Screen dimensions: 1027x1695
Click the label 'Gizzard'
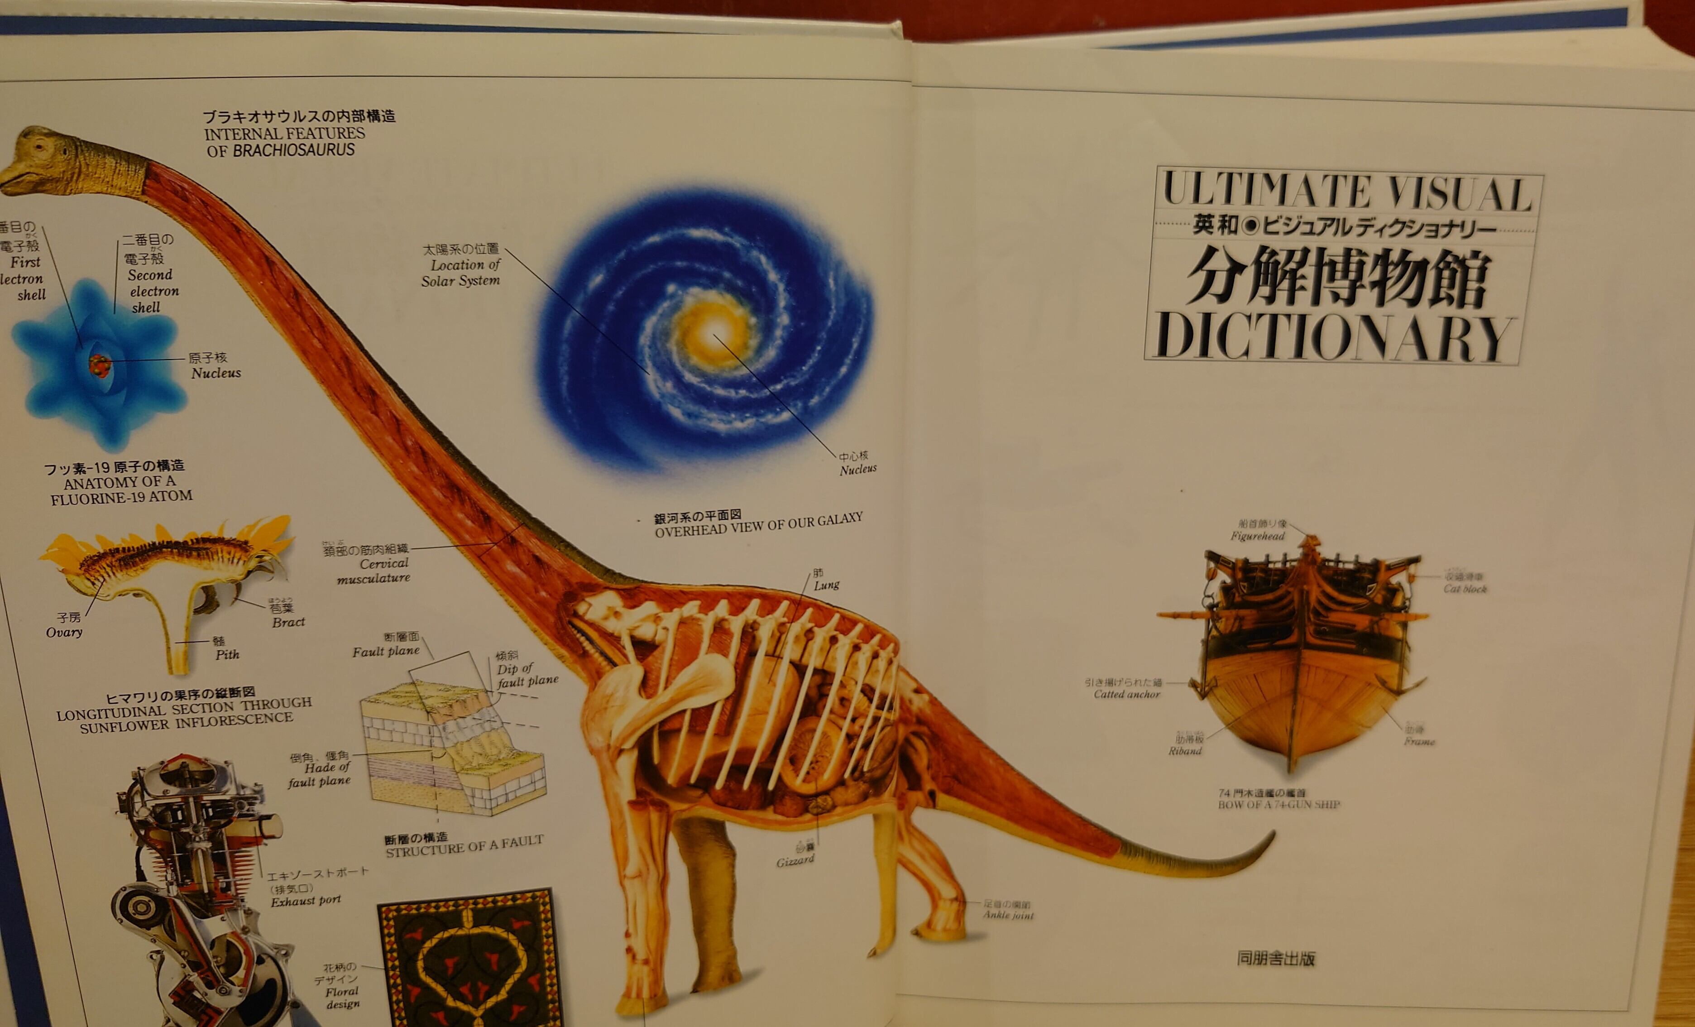pos(795,860)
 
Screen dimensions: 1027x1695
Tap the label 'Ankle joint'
pos(1008,915)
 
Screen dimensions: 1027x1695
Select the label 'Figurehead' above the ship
pos(1258,536)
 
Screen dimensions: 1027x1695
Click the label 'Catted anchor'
pos(1127,694)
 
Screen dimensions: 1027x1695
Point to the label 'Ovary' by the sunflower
pos(64,632)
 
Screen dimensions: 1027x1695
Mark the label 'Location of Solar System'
pos(461,273)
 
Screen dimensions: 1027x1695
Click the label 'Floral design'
pos(342,998)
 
